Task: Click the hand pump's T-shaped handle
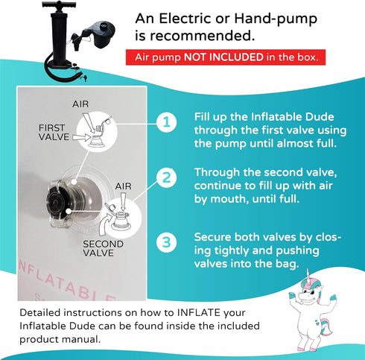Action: tap(59, 5)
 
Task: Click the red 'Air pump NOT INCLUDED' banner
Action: tap(226, 57)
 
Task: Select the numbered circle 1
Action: tap(167, 122)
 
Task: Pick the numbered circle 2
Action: tap(167, 178)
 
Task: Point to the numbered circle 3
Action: tap(167, 242)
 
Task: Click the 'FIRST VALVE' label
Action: tap(54, 133)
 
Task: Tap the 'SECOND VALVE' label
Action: tap(103, 248)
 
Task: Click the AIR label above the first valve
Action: tap(80, 104)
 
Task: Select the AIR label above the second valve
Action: tap(123, 186)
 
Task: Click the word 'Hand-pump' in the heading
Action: tap(276, 19)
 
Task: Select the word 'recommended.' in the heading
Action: tap(203, 36)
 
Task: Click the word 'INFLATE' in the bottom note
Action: tap(199, 312)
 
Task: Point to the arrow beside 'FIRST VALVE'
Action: tap(82, 137)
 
